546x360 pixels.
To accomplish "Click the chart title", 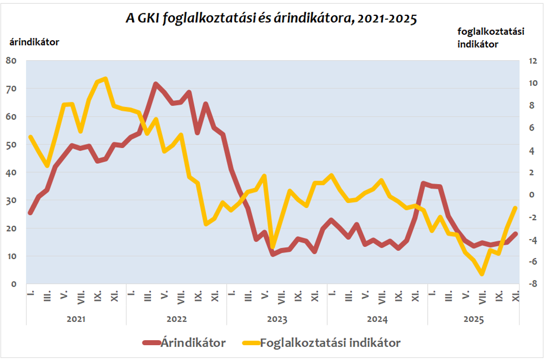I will [x=271, y=19].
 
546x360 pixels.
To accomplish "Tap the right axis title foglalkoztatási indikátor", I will [x=491, y=38].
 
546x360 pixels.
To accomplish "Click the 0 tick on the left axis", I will [x=14, y=284].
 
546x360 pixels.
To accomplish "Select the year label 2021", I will [x=76, y=319].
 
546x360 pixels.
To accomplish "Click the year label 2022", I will [x=176, y=319].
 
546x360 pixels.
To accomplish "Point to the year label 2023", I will [x=277, y=319].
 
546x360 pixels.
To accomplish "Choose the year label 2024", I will [x=377, y=319].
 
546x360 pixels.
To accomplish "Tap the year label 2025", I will [x=473, y=319].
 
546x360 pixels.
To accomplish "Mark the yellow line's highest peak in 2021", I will [x=106, y=79].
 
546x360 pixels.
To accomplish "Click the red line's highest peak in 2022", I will [x=155, y=84].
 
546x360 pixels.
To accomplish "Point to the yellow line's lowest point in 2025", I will [x=482, y=274].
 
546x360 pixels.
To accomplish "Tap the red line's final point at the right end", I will [x=515, y=234].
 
